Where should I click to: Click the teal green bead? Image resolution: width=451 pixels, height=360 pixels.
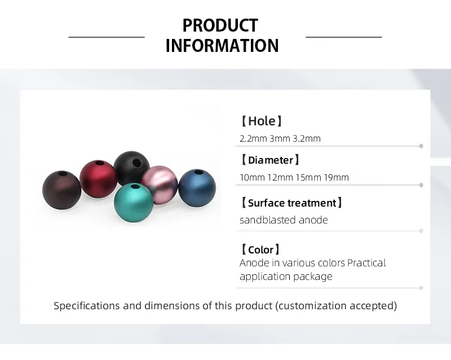tap(134, 203)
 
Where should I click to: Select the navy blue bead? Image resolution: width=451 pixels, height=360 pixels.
tap(197, 188)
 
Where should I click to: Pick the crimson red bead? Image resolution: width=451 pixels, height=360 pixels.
tap(98, 179)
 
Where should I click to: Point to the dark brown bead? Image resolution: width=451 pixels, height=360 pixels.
tap(61, 190)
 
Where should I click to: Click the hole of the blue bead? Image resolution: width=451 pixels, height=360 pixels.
tap(199, 172)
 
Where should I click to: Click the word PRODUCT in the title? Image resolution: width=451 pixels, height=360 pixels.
tap(220, 25)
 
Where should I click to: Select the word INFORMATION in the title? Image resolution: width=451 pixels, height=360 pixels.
tap(222, 46)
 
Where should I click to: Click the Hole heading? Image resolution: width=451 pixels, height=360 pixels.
tap(261, 121)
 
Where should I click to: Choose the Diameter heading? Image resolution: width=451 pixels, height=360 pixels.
tap(270, 160)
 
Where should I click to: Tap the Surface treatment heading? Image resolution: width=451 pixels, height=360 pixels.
tap(291, 203)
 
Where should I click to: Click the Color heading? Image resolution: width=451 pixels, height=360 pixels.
tap(260, 249)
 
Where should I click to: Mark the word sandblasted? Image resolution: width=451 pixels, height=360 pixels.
tap(267, 220)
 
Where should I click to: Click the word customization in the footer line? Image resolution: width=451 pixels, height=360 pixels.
tap(312, 306)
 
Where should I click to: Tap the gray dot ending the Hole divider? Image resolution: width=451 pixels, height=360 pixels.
tap(421, 146)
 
